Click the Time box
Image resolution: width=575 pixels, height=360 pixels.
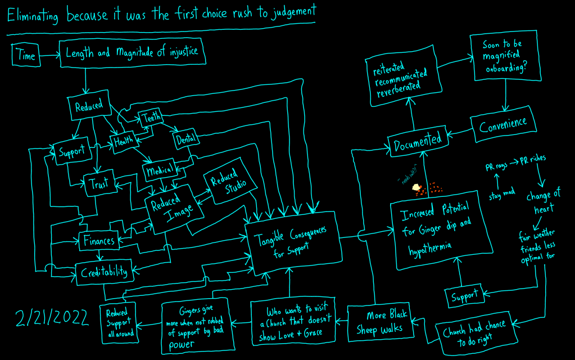[x=26, y=55]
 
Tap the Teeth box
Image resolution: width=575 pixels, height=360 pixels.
[x=151, y=117]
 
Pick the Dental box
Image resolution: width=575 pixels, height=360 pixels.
[x=185, y=139]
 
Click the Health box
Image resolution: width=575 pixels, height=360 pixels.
[x=124, y=141]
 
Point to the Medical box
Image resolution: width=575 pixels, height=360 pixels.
[x=160, y=171]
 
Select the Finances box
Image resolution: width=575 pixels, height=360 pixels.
[x=99, y=241]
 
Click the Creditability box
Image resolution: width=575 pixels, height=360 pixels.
[x=104, y=272]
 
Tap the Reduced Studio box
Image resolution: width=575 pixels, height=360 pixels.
[x=224, y=183]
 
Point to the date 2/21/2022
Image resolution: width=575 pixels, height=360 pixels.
[x=52, y=318]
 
